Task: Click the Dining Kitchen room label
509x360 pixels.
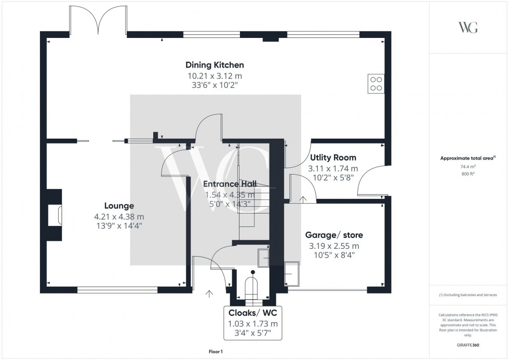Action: pos(215,65)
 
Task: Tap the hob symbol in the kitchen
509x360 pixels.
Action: pos(376,84)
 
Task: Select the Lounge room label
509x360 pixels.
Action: pos(119,206)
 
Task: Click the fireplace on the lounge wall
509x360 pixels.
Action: pos(55,215)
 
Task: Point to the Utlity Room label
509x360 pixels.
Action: pos(333,157)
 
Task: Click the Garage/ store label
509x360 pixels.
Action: pos(333,235)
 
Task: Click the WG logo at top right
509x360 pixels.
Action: pos(468,27)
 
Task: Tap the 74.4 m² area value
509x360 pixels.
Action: pos(468,167)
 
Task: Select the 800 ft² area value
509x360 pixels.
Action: pos(468,174)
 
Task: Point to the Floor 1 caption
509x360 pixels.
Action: pos(215,352)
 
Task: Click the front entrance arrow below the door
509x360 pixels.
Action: pos(209,294)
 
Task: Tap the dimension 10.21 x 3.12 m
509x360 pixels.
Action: pos(215,76)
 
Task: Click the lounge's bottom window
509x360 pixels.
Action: pos(117,290)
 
